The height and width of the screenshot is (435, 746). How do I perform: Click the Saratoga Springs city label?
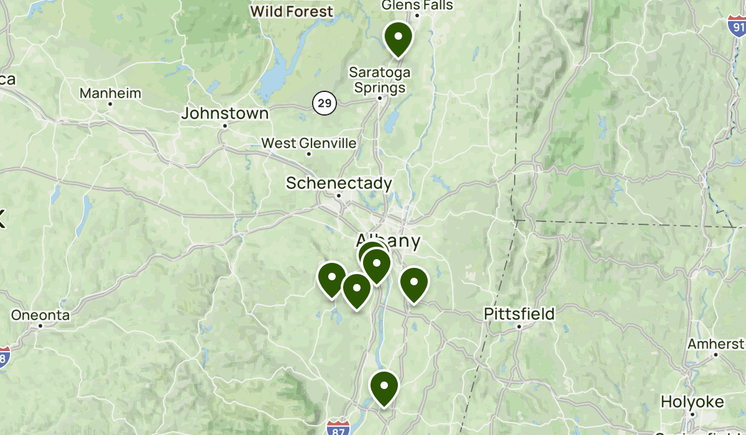tap(379, 80)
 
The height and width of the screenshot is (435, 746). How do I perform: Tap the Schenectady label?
tap(339, 183)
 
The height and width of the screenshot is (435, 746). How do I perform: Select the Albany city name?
tap(389, 240)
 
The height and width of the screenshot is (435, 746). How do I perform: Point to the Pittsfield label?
tap(519, 314)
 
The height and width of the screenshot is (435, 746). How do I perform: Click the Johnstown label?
tap(225, 114)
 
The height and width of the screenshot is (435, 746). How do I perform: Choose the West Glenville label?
tap(309, 144)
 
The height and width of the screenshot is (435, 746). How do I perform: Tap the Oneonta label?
tap(40, 315)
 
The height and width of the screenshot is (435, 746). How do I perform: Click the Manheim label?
tap(111, 94)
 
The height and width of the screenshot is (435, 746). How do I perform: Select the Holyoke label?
tap(692, 402)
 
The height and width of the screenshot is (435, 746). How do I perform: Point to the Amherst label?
tap(716, 344)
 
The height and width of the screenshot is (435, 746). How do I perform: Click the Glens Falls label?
tap(417, 6)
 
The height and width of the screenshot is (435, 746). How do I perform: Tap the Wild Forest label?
tap(292, 11)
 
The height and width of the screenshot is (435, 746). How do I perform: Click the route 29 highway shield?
tap(324, 103)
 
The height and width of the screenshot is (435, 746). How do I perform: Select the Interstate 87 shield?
tap(336, 427)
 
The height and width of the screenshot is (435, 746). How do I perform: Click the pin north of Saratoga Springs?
tap(398, 38)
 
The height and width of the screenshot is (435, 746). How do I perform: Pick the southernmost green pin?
tap(384, 387)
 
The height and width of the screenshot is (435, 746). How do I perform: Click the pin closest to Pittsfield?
tap(413, 284)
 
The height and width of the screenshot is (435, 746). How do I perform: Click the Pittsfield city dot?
tap(519, 326)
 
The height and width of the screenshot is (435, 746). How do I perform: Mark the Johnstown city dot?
tap(225, 126)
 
